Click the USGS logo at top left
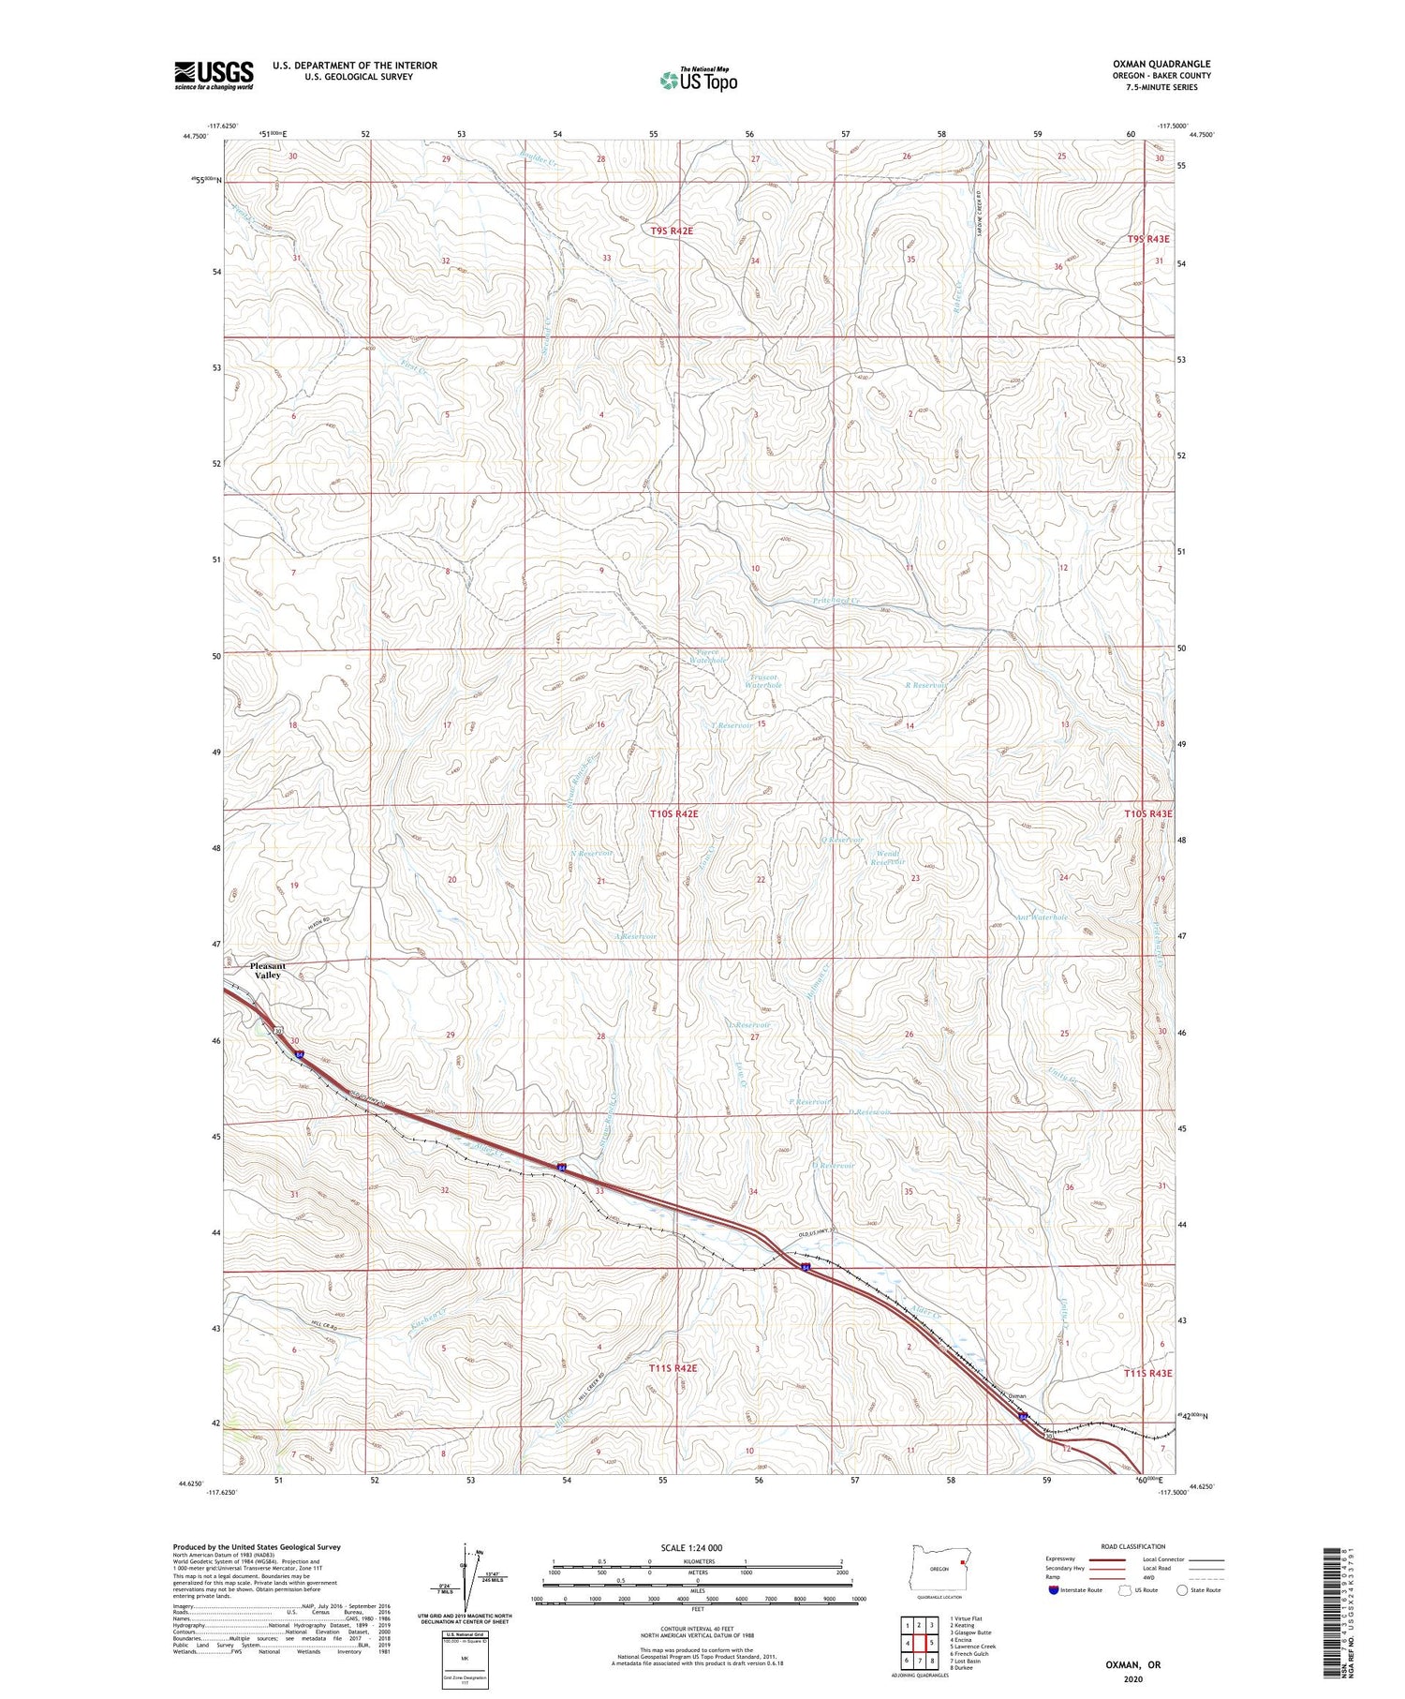click(x=214, y=74)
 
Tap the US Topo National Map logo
click(x=698, y=81)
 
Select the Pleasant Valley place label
click(x=267, y=971)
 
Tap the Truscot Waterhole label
click(x=762, y=681)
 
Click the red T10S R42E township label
click(x=673, y=814)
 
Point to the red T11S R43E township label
click(x=1147, y=1372)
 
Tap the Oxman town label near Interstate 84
click(x=1016, y=1395)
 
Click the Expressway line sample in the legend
click(x=1109, y=1559)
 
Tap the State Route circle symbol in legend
click(x=1183, y=1589)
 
